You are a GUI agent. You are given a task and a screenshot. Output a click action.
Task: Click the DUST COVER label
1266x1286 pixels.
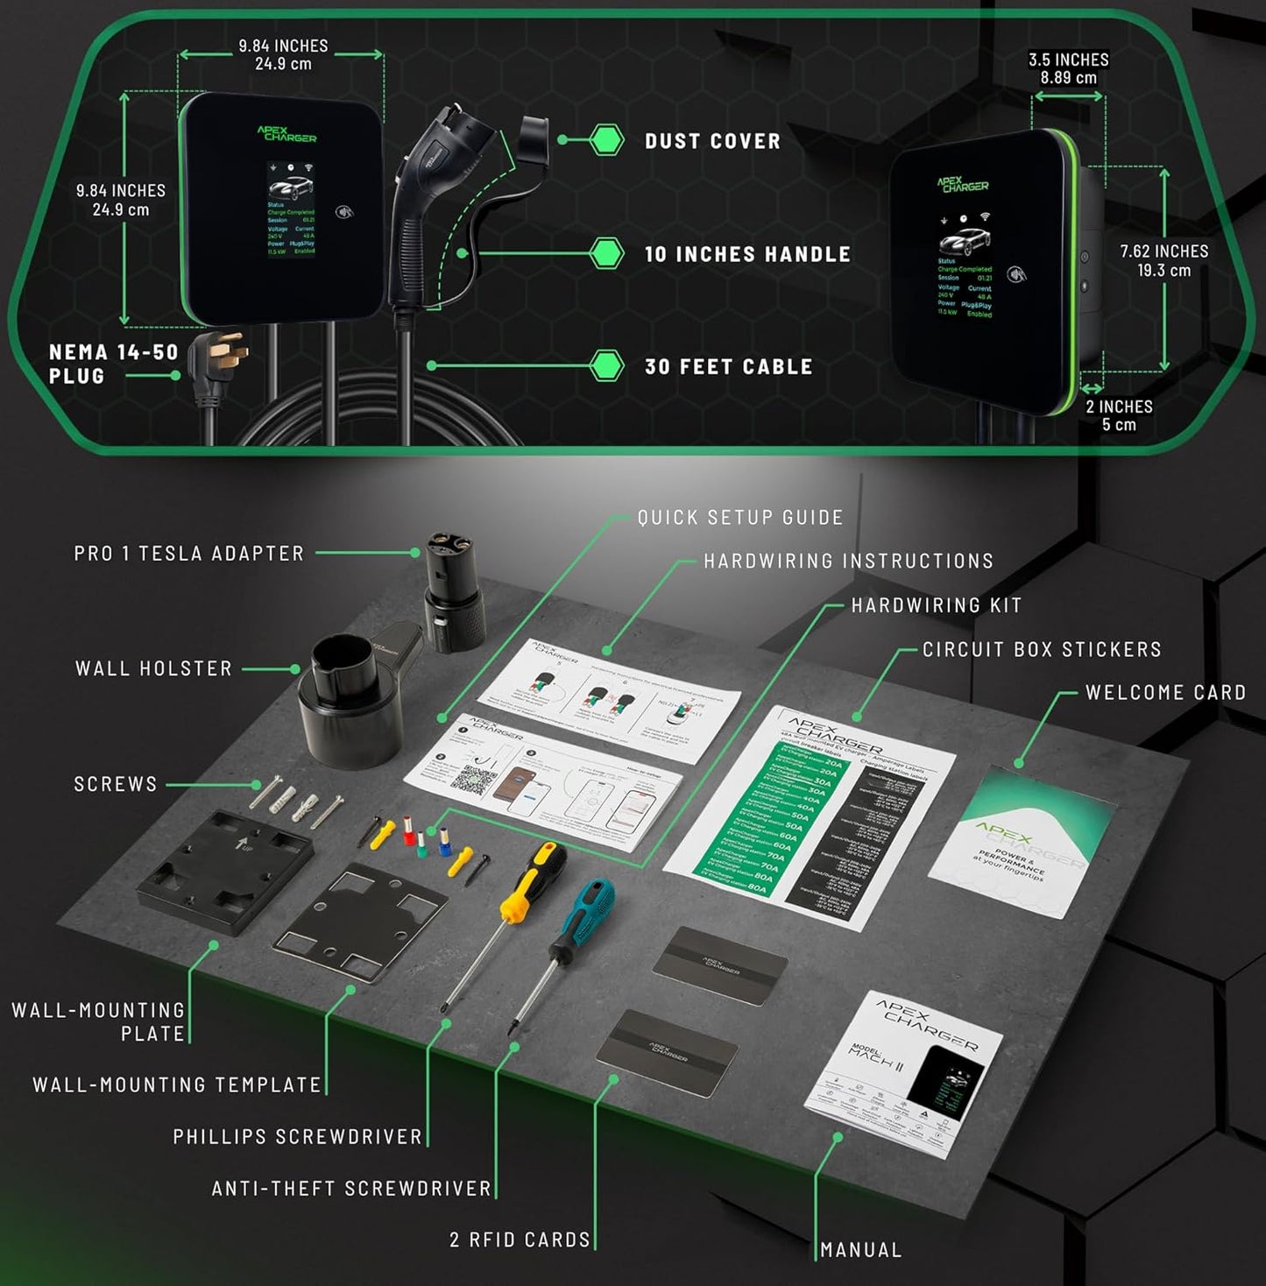(x=712, y=141)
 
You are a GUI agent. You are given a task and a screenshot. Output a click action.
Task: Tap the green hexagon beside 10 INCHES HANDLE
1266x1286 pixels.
(x=605, y=253)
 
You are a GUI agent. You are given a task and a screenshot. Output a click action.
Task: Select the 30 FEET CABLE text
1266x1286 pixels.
(x=728, y=367)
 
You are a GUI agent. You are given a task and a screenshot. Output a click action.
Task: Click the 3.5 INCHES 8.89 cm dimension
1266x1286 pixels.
(x=1068, y=68)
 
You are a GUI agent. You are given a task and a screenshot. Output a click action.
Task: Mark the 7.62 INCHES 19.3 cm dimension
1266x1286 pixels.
(x=1163, y=260)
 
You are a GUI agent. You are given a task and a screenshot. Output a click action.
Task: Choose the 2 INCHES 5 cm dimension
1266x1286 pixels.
(x=1119, y=415)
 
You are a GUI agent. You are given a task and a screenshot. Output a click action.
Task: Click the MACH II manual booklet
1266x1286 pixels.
(x=902, y=1073)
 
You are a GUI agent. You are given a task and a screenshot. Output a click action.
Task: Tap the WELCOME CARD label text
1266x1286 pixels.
(x=1165, y=692)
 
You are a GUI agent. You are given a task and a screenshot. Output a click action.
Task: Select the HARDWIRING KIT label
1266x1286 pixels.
(x=937, y=605)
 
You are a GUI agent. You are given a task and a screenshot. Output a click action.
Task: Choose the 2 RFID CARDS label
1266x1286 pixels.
(x=520, y=1240)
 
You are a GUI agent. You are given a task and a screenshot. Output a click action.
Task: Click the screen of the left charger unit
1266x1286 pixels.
(x=290, y=209)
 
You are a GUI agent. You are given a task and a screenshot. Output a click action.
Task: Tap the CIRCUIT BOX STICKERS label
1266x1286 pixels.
(x=1042, y=649)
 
